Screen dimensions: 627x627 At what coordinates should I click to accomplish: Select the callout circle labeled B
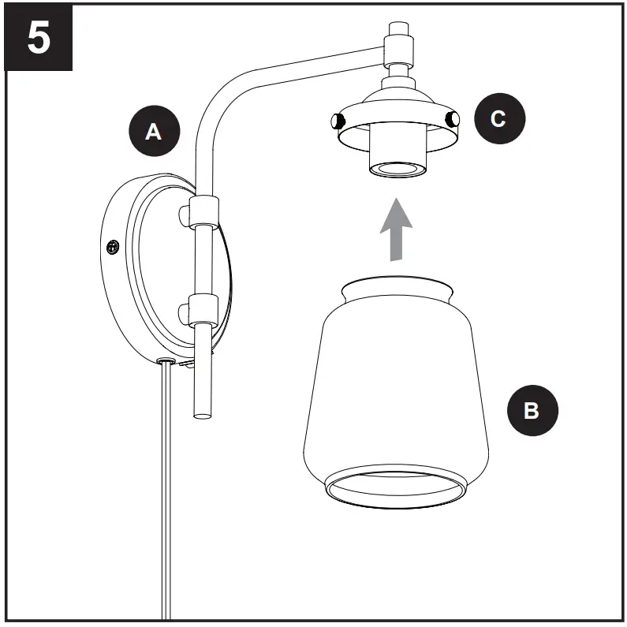pos(532,411)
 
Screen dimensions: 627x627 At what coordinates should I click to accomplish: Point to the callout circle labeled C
pos(498,119)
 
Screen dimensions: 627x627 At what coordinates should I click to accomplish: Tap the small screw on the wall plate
pos(113,248)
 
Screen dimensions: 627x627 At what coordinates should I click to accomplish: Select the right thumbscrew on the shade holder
pos(452,119)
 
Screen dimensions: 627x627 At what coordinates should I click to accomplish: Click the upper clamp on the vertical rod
pos(204,211)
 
